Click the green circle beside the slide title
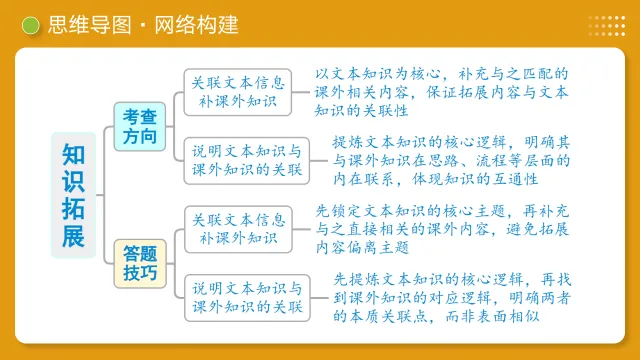[31, 24]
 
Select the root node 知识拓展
[73, 195]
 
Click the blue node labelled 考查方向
[140, 127]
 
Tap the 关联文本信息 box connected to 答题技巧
[237, 229]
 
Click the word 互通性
[515, 179]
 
